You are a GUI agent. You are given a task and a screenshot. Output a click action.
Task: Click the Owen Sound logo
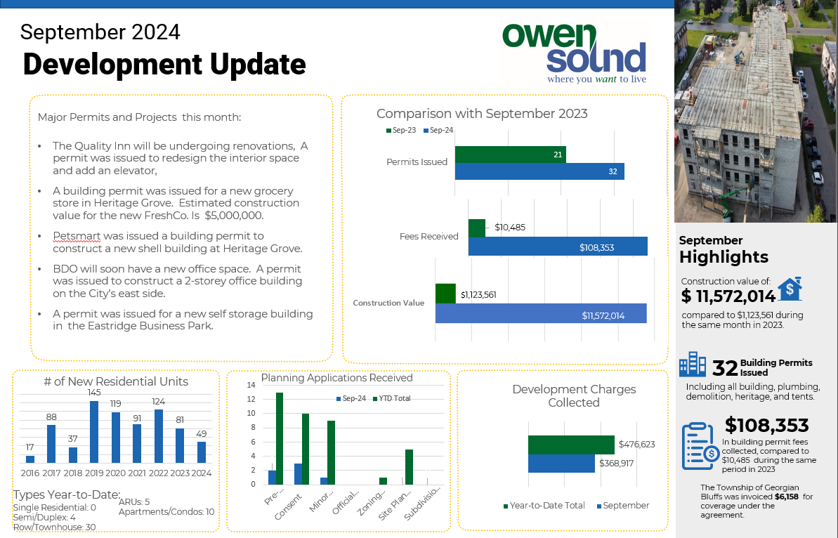pos(574,53)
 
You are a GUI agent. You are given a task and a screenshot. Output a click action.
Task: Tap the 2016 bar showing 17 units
pos(30,459)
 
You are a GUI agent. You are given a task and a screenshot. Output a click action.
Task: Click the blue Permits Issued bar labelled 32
pos(539,171)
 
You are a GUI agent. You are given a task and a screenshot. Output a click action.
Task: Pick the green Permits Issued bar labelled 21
pos(510,155)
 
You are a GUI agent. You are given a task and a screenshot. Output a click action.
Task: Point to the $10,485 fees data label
pos(510,228)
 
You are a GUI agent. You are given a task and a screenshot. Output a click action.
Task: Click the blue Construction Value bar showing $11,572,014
pos(540,313)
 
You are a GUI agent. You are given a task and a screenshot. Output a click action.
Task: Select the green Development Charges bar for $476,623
pos(571,445)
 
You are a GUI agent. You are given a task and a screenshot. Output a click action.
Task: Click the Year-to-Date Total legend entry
pos(544,506)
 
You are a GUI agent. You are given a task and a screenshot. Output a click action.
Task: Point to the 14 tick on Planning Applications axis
pos(251,385)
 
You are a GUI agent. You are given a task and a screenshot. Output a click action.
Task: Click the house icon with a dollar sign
pos(790,288)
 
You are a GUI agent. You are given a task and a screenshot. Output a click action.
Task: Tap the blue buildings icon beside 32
pos(693,365)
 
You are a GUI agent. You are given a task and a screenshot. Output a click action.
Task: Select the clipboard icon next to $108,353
pos(698,446)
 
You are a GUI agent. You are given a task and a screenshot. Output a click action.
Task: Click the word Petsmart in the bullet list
pos(71,236)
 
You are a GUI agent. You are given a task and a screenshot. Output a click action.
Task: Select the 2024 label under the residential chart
pos(202,472)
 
